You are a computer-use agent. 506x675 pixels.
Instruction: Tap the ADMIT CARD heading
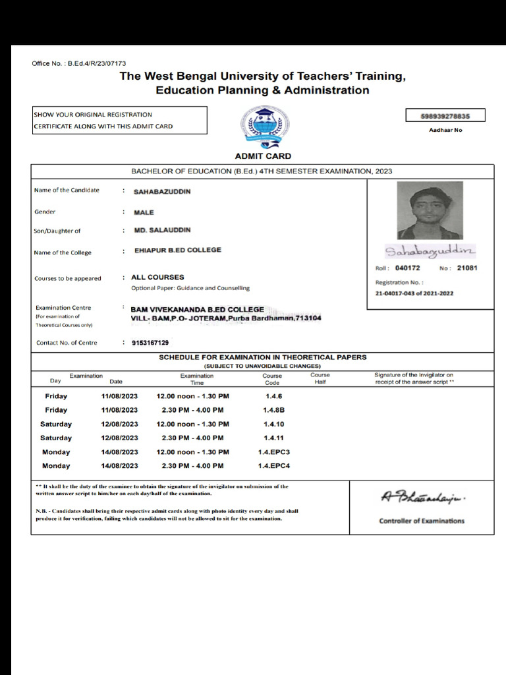(x=263, y=156)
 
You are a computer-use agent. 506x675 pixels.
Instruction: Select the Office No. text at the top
(x=79, y=63)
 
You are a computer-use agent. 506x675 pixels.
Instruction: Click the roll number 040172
(x=407, y=268)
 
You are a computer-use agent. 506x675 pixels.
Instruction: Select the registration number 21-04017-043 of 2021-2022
(x=414, y=293)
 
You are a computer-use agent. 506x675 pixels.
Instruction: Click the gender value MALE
(x=144, y=212)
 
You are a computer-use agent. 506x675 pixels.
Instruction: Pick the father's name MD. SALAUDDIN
(x=162, y=230)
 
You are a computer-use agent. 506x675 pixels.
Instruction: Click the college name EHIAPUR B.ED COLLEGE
(x=177, y=250)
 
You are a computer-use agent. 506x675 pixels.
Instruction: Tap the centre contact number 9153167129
(x=150, y=342)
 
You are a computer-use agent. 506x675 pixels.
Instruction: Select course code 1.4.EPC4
(x=273, y=466)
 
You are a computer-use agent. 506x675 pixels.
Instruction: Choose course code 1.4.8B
(x=273, y=410)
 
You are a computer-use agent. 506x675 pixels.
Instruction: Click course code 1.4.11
(x=273, y=438)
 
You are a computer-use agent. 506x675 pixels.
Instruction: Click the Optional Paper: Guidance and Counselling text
(x=190, y=288)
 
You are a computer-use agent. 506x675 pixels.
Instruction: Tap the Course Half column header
(x=320, y=378)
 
